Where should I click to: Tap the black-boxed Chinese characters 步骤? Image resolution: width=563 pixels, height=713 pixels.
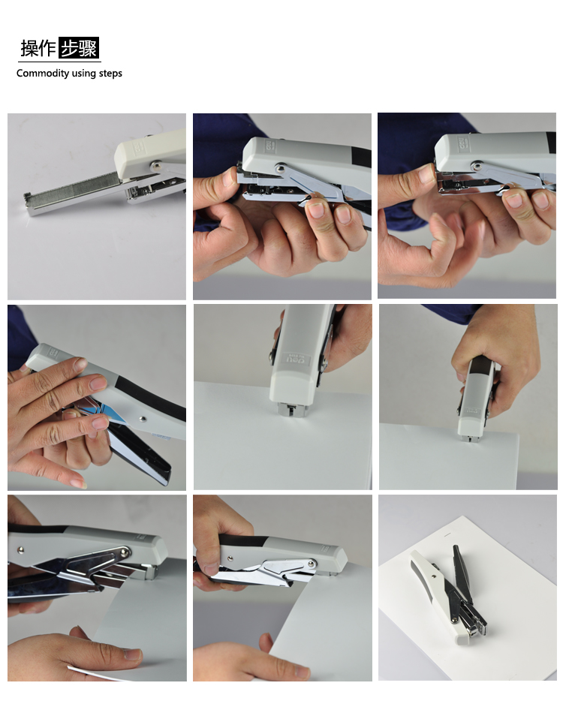[79, 48]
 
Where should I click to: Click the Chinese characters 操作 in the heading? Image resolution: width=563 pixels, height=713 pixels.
[38, 48]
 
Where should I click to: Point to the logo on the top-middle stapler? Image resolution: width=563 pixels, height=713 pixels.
[269, 146]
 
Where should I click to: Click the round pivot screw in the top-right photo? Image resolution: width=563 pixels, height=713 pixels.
[476, 166]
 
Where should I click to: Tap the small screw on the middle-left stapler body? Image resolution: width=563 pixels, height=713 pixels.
[143, 419]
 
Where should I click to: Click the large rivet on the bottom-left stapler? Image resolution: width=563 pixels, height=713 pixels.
[124, 552]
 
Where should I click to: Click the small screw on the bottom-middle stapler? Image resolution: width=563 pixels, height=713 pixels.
[230, 558]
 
